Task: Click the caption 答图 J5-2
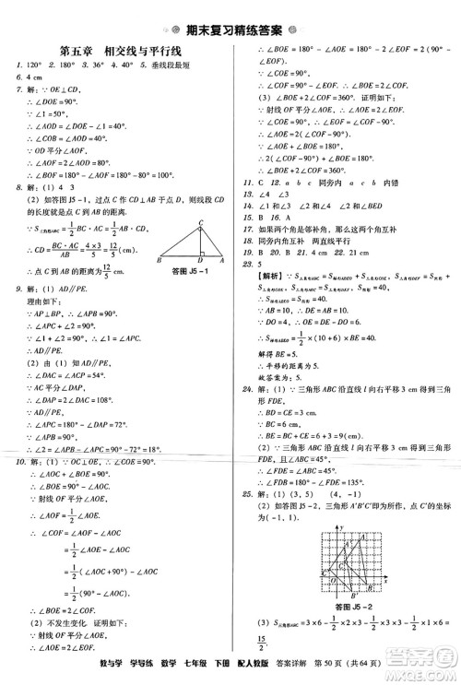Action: [349, 584]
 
